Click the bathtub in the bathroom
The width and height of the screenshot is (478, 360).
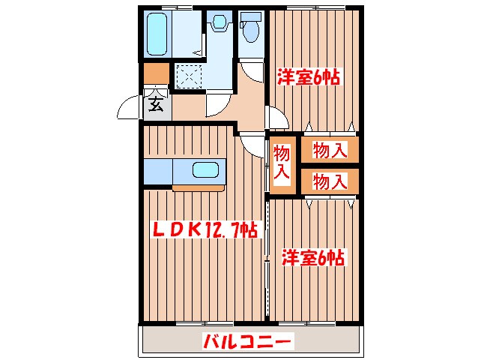click(x=159, y=34)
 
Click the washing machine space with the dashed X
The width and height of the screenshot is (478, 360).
click(x=189, y=76)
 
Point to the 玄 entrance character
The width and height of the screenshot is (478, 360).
click(x=156, y=103)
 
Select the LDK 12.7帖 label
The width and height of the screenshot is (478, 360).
click(x=205, y=229)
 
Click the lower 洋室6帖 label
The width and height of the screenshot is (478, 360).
click(x=313, y=258)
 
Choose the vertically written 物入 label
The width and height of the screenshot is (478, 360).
click(x=281, y=163)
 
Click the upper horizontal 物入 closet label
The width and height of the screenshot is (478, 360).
click(x=330, y=151)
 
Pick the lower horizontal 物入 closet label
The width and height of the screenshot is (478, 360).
click(x=330, y=181)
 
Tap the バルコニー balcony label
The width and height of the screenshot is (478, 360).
click(x=246, y=343)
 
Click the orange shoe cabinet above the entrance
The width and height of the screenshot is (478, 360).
click(x=156, y=73)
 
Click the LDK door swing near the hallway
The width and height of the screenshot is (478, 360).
click(x=252, y=143)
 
